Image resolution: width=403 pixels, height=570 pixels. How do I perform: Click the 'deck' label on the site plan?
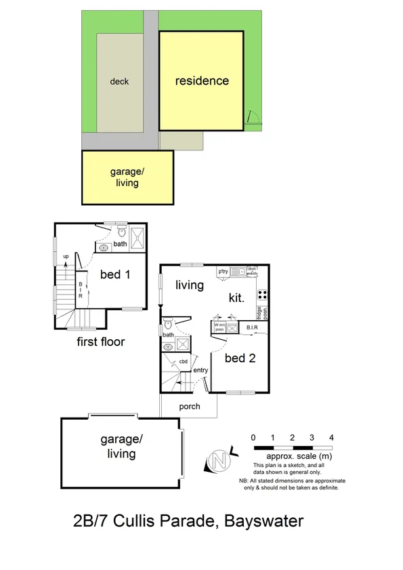click(119, 82)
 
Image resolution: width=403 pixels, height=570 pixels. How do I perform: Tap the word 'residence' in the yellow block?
click(202, 81)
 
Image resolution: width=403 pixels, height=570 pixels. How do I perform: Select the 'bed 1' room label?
click(115, 274)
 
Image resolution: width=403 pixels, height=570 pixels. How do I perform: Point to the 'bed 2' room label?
click(240, 358)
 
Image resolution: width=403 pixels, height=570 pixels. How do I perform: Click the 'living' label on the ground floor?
click(189, 285)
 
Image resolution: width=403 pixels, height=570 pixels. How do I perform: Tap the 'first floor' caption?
click(101, 342)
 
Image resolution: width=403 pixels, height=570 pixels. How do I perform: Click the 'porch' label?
click(189, 407)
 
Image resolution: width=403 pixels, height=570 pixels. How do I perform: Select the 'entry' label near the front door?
click(200, 370)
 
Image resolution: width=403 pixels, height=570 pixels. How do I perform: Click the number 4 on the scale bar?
click(331, 437)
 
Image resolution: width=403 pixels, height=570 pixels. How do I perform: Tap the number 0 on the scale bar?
click(253, 437)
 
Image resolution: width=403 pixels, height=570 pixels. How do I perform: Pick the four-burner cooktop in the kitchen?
click(261, 294)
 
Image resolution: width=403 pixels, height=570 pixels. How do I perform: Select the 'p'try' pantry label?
click(222, 271)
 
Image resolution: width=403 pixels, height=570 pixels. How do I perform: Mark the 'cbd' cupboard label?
click(183, 361)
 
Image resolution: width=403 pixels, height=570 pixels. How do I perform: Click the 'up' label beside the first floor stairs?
click(66, 257)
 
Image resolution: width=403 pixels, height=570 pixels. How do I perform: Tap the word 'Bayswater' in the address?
click(263, 521)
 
